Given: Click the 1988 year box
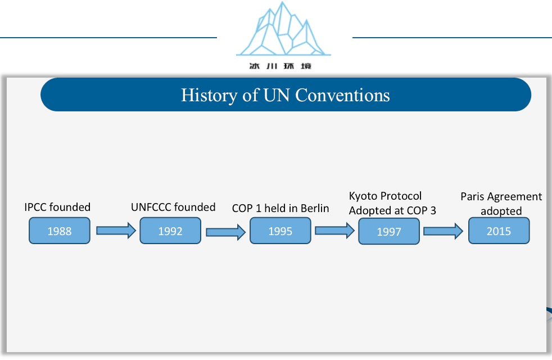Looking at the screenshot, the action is click(x=60, y=231).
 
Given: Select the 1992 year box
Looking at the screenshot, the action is click(x=170, y=231).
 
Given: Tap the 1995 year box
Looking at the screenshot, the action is click(x=280, y=231).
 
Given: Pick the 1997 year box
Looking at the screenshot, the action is click(x=389, y=231).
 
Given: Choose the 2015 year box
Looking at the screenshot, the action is click(x=499, y=231).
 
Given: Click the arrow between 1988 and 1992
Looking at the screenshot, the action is click(x=116, y=231).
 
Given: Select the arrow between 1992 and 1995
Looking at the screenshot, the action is click(x=225, y=232).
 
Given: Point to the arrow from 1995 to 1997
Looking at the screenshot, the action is click(x=335, y=231).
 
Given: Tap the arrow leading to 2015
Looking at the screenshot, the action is click(x=443, y=231).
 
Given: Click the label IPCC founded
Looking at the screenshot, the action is click(x=57, y=207).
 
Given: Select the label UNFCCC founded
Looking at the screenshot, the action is click(x=173, y=207).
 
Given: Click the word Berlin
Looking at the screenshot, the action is click(x=315, y=208).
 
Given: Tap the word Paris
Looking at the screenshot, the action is click(x=472, y=196).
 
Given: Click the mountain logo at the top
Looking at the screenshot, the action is click(x=283, y=29).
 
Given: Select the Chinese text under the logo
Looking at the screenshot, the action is click(x=280, y=66).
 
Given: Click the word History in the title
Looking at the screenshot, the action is click(x=209, y=95).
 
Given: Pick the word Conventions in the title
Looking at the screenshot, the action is click(x=342, y=95).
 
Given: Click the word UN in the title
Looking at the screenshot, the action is click(x=277, y=95).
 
